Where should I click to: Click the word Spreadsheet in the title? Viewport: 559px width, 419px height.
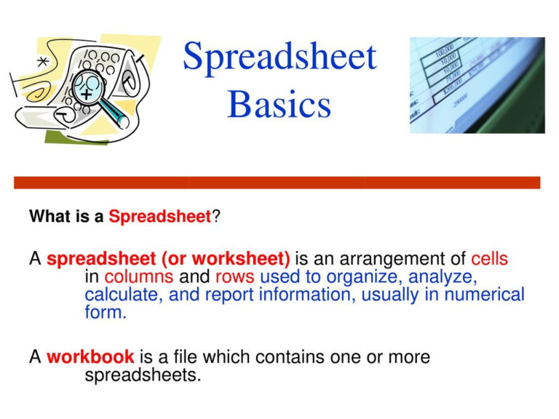pos(279,57)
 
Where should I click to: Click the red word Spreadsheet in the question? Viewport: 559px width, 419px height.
pos(159,217)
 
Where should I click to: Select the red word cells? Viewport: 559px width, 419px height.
pos(489,258)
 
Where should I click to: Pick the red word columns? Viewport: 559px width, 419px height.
pos(138,277)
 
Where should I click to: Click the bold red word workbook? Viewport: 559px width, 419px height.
pos(90,357)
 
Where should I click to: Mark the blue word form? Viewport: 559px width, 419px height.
pos(105,314)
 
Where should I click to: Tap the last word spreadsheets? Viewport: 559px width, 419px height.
pos(142,376)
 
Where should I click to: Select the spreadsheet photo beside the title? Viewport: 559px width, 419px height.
pos(477,85)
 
